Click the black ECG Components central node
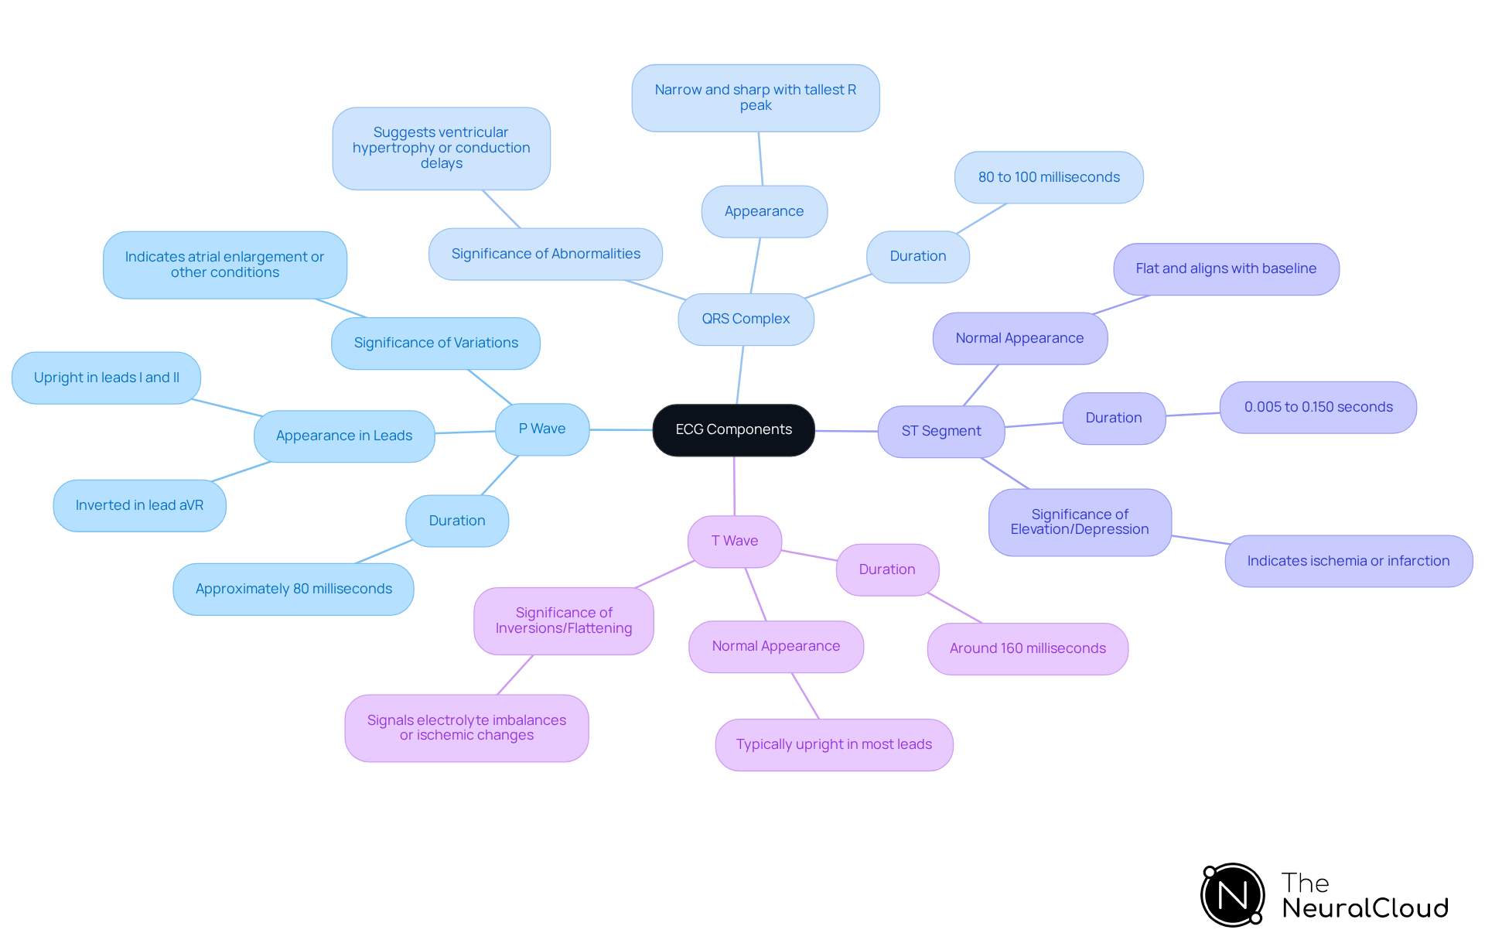click(x=733, y=429)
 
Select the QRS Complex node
click(x=746, y=319)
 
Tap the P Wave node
click(x=542, y=429)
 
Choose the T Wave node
click(x=734, y=541)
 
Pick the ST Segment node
click(x=940, y=431)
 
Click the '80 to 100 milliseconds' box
click(x=1048, y=177)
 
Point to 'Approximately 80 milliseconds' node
click(x=293, y=589)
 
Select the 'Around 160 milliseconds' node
click(x=1027, y=648)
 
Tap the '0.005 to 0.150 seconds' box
click(x=1318, y=407)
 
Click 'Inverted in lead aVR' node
click(x=139, y=505)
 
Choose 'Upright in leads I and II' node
click(x=106, y=378)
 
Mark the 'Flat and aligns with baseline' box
click(x=1226, y=268)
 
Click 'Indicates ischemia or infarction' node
click(x=1348, y=561)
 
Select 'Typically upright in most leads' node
click(x=834, y=744)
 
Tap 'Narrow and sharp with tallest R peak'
click(x=755, y=97)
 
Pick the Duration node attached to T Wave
click(x=887, y=569)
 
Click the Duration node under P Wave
click(x=457, y=521)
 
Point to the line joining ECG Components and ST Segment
click(x=846, y=431)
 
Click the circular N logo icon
click(x=1232, y=895)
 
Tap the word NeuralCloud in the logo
click(x=1365, y=908)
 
